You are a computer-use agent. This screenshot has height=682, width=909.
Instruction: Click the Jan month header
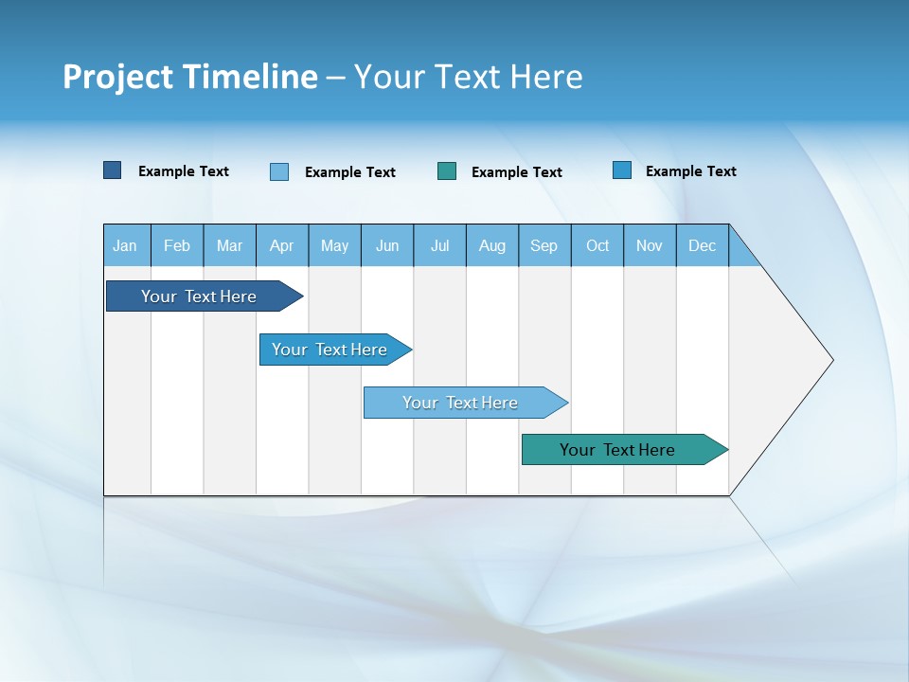pyautogui.click(x=126, y=245)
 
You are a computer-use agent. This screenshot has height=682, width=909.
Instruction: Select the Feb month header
pyautogui.click(x=177, y=245)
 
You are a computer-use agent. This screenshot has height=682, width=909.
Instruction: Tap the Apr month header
pyautogui.click(x=282, y=245)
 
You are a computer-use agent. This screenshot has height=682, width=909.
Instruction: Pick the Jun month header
pyautogui.click(x=387, y=245)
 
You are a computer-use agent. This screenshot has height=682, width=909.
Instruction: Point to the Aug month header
pyautogui.click(x=492, y=245)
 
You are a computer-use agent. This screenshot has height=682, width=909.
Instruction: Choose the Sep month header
pyautogui.click(x=544, y=245)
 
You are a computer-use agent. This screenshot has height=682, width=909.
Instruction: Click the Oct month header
pyautogui.click(x=597, y=245)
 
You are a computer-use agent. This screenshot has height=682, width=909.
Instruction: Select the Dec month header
pyautogui.click(x=703, y=245)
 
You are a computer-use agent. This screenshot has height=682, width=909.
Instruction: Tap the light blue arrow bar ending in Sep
pyautogui.click(x=460, y=403)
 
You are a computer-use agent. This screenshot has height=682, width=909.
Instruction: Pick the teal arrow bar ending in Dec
pyautogui.click(x=617, y=450)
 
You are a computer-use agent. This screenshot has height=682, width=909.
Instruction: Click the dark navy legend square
pyautogui.click(x=113, y=170)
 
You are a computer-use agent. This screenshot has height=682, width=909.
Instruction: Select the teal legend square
pyautogui.click(x=447, y=171)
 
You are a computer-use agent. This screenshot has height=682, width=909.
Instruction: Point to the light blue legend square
pyautogui.click(x=279, y=171)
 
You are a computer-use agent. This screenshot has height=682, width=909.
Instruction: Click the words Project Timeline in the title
pyautogui.click(x=189, y=77)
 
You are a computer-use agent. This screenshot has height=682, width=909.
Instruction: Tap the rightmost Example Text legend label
pyautogui.click(x=690, y=171)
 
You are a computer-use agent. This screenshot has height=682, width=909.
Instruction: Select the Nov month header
pyautogui.click(x=650, y=245)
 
